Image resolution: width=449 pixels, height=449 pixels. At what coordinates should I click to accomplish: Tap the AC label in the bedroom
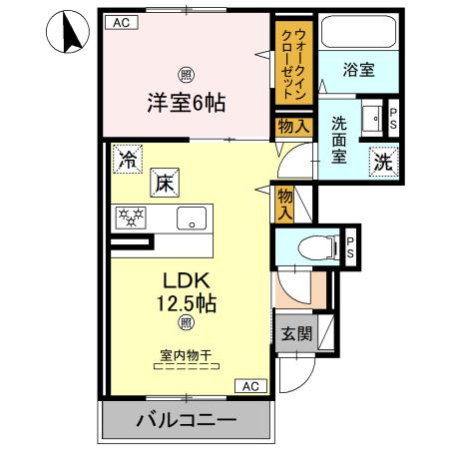[x=119, y=22]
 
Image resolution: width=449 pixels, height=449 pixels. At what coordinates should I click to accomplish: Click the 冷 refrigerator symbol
[x=127, y=158]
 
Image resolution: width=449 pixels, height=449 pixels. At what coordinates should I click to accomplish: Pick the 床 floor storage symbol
[x=165, y=182]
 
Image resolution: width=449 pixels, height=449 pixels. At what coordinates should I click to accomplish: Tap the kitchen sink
[x=191, y=219]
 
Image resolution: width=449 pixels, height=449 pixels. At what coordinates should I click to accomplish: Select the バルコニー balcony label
[x=185, y=420]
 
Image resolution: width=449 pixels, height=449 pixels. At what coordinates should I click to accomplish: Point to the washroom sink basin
[x=371, y=118]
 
